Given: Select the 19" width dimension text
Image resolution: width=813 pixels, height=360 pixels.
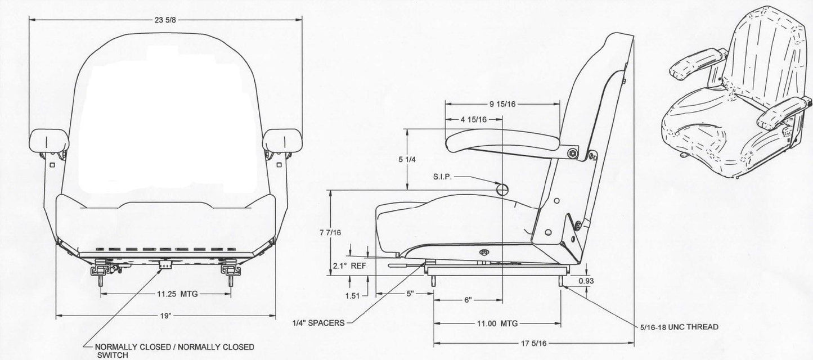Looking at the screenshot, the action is [x=165, y=316].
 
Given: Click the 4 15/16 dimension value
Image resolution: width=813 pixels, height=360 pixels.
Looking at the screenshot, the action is [x=473, y=119].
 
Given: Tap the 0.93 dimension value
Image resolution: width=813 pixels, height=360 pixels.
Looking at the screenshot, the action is [x=586, y=280].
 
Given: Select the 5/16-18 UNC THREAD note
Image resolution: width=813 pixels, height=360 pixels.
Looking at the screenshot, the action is [x=679, y=327].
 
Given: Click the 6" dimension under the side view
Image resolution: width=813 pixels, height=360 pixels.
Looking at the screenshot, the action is [x=468, y=300].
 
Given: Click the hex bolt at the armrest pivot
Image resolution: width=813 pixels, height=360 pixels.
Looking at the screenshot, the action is [x=572, y=152].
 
